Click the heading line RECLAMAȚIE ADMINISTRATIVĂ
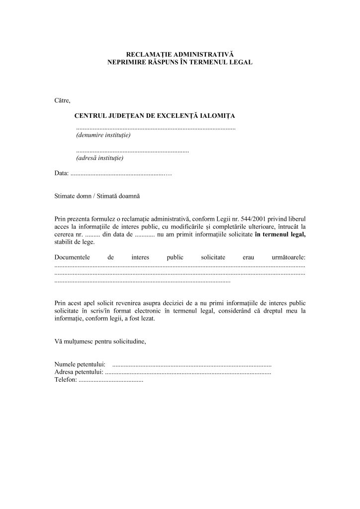(x=180, y=53)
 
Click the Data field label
(x=61, y=173)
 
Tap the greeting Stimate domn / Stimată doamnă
(x=97, y=196)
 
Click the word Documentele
(x=72, y=257)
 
